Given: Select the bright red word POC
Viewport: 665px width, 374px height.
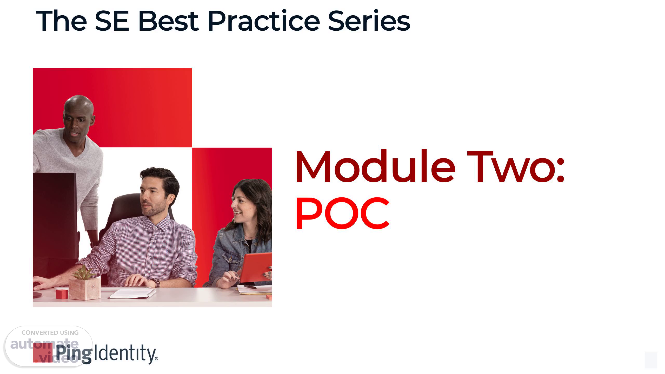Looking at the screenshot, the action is [x=342, y=213].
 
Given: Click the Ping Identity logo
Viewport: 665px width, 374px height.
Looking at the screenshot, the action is [x=96, y=353].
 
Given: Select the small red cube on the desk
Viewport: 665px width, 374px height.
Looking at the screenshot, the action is [x=62, y=294].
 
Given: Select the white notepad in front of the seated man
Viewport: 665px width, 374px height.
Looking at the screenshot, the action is [x=132, y=294].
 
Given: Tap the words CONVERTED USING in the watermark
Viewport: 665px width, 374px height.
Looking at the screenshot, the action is [x=50, y=333].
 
